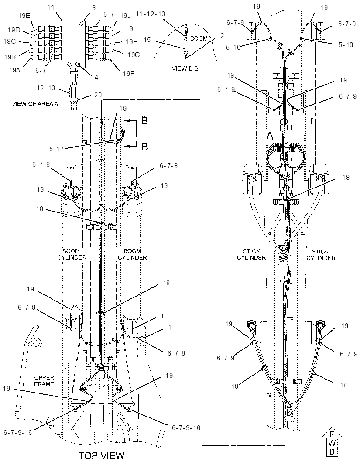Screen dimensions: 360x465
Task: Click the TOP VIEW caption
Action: click(x=102, y=455)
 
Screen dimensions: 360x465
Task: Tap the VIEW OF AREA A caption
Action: click(x=35, y=104)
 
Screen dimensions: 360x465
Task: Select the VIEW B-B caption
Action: click(x=185, y=68)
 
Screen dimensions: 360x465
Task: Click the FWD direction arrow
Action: click(x=333, y=443)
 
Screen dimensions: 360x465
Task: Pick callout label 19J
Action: click(x=125, y=15)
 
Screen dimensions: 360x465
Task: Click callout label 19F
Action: click(x=128, y=73)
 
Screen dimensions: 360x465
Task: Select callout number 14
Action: click(x=51, y=7)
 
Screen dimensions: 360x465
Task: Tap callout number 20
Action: click(x=98, y=95)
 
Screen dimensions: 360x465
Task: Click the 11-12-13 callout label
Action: click(x=151, y=14)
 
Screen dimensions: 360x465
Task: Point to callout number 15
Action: click(x=147, y=39)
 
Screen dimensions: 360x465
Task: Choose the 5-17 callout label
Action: click(x=56, y=149)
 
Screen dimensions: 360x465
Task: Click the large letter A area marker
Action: click(x=270, y=136)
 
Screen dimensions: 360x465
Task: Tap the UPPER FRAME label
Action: click(x=44, y=381)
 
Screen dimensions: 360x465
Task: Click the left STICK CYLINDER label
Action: click(x=251, y=254)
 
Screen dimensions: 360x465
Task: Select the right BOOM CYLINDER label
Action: click(x=132, y=254)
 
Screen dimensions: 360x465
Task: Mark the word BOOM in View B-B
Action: click(x=199, y=38)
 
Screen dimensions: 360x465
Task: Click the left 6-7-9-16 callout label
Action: click(x=18, y=432)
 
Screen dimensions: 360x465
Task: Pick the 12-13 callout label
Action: click(x=46, y=88)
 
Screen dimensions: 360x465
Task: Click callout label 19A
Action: click(x=14, y=70)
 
